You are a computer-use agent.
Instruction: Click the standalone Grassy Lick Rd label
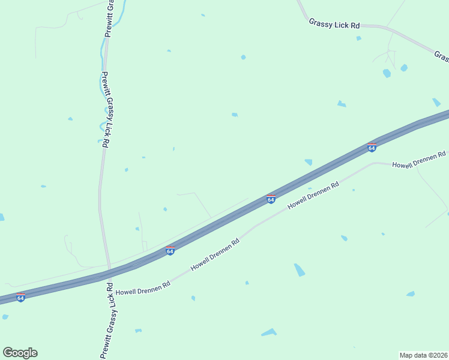334,25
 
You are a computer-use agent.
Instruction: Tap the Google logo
20,353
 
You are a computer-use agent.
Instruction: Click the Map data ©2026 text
423,355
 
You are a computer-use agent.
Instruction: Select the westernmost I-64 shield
20,298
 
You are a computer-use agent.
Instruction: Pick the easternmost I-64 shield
372,148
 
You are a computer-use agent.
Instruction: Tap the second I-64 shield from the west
170,251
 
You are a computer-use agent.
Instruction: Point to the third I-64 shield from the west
271,199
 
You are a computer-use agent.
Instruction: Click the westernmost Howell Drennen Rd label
143,287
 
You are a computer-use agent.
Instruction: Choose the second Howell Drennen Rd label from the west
215,254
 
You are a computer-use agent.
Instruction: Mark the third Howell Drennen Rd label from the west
313,196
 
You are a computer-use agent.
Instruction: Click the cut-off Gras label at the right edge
442,56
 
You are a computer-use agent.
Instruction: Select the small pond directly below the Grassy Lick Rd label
358,38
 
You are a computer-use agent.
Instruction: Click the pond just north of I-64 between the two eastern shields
308,161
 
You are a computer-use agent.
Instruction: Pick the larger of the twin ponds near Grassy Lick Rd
387,73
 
